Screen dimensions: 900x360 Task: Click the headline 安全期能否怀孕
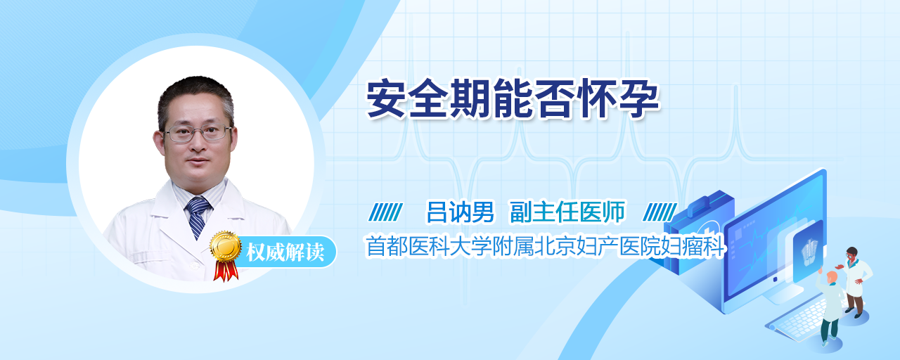tap(513, 98)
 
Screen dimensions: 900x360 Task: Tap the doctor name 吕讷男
tap(460, 212)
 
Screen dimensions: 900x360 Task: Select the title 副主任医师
tap(567, 212)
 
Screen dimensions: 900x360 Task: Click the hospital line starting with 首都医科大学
tap(545, 246)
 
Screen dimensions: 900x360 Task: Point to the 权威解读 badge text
tap(285, 252)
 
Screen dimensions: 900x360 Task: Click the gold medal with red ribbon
tap(226, 255)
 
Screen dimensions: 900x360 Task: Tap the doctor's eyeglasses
tap(198, 134)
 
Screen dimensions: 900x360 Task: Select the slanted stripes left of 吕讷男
tap(385, 212)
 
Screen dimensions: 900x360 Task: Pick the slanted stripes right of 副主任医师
tap(660, 212)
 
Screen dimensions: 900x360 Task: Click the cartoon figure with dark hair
tap(855, 281)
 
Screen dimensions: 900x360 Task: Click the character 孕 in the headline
tap(639, 98)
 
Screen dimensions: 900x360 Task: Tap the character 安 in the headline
tap(386, 98)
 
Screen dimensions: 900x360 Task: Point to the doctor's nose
tap(198, 145)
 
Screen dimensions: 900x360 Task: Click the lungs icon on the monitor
tap(809, 252)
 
